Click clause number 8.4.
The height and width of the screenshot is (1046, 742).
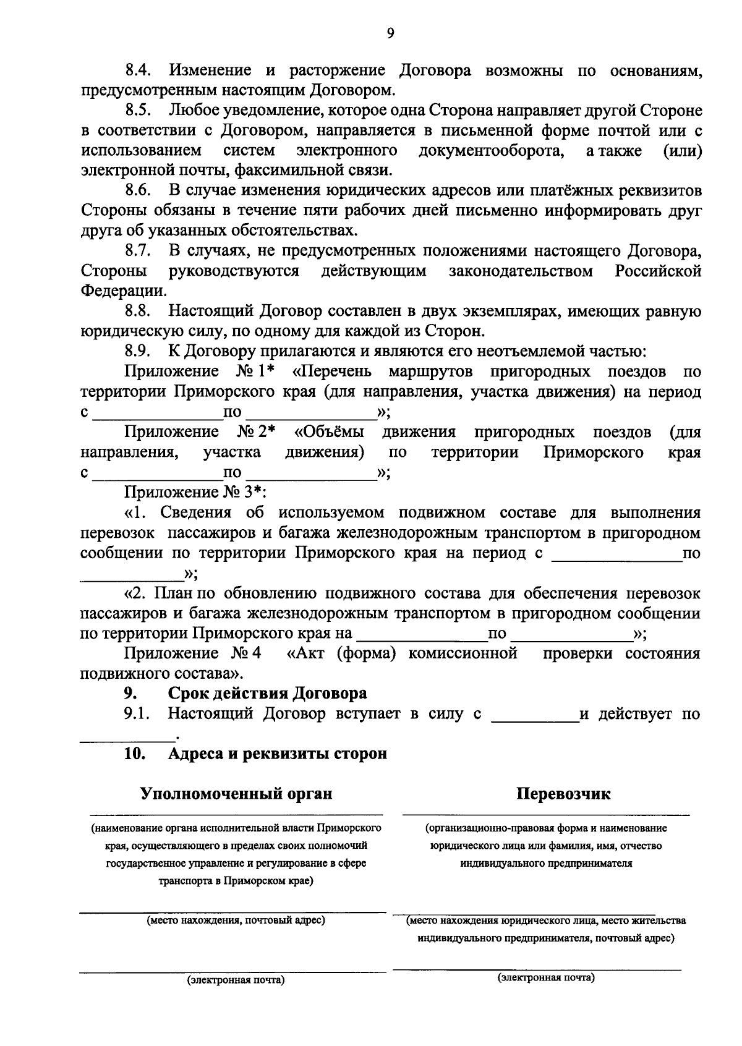tap(139, 70)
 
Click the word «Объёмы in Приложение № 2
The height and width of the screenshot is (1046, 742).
tap(329, 432)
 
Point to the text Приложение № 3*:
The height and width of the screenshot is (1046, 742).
tap(195, 493)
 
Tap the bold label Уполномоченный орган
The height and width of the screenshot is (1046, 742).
tap(236, 794)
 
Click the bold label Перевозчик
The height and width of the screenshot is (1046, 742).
tap(563, 794)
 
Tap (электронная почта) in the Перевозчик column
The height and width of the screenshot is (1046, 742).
tap(546, 977)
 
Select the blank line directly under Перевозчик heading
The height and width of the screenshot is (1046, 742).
tap(546, 814)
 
